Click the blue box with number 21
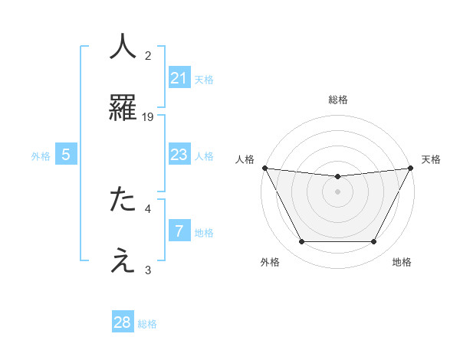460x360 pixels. (179, 77)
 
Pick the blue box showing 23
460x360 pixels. (179, 155)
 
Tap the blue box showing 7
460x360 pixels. (179, 231)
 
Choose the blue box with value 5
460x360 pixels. (66, 155)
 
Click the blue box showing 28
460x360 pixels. (123, 322)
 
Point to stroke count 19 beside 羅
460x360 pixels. (148, 116)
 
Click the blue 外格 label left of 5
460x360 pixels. (41, 156)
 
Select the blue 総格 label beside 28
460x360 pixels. (147, 324)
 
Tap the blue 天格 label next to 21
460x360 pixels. (204, 79)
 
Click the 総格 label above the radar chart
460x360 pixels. (337, 100)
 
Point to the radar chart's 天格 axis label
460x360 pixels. (431, 159)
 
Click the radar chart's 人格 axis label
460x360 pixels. (245, 159)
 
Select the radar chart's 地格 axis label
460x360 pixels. (402, 263)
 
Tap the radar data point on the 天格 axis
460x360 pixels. (410, 168)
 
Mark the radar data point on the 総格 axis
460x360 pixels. (337, 177)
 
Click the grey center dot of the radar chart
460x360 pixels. (337, 191)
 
